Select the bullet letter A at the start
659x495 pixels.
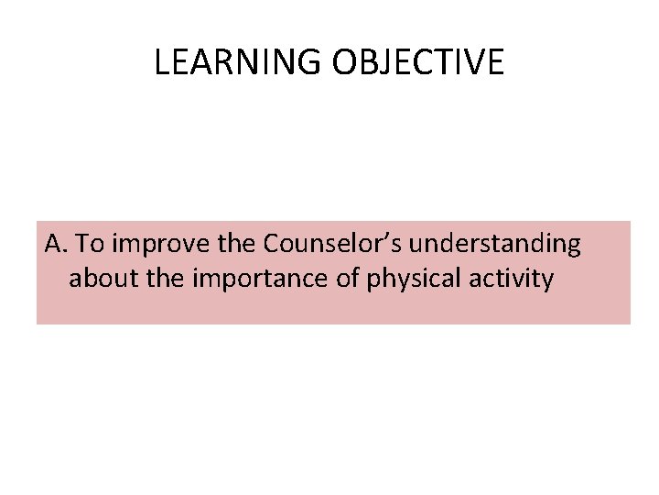coord(52,245)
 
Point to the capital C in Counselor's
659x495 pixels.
coord(272,245)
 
